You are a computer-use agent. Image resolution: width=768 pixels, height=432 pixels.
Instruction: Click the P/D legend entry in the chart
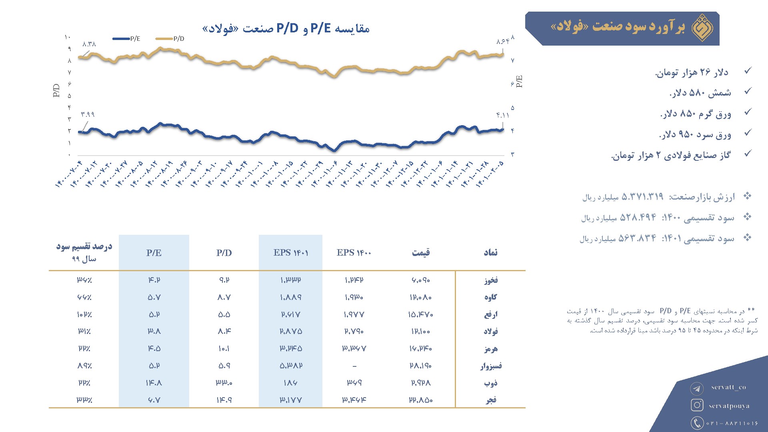coord(170,39)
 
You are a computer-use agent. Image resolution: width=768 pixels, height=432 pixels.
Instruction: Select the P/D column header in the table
coord(224,253)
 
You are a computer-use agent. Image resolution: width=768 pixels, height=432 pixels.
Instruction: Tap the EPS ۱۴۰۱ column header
coord(291,253)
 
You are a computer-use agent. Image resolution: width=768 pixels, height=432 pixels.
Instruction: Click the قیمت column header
coord(421,253)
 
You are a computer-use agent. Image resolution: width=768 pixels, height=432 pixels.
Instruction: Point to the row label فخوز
coord(491,280)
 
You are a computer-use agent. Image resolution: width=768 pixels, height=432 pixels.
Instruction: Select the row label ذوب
coord(491,383)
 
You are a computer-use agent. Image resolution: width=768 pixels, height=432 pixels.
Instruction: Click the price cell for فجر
coord(421,400)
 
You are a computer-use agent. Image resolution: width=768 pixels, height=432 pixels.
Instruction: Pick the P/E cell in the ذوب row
coord(154,383)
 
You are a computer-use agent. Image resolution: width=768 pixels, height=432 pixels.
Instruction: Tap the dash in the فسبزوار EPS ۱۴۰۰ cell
coord(354,366)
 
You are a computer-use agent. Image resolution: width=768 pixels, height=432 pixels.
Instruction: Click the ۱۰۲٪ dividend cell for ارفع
coord(84,315)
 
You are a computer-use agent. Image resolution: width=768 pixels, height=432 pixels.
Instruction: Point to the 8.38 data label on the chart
coord(89,44)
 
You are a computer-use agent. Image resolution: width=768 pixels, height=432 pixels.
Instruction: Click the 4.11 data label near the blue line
coord(503,116)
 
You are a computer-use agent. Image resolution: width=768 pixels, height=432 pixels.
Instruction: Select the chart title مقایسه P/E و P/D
coord(286,28)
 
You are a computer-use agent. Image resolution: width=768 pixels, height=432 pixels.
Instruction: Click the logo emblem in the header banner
coord(703,28)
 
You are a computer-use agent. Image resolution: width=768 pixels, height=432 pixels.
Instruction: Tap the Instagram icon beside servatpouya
coord(697,405)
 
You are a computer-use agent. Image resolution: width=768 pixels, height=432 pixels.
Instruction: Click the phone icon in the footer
coord(697,423)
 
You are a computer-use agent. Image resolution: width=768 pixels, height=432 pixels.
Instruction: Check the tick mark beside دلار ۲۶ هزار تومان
coord(748,71)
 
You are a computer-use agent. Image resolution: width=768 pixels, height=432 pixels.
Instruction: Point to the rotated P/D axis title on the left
coord(56,90)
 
